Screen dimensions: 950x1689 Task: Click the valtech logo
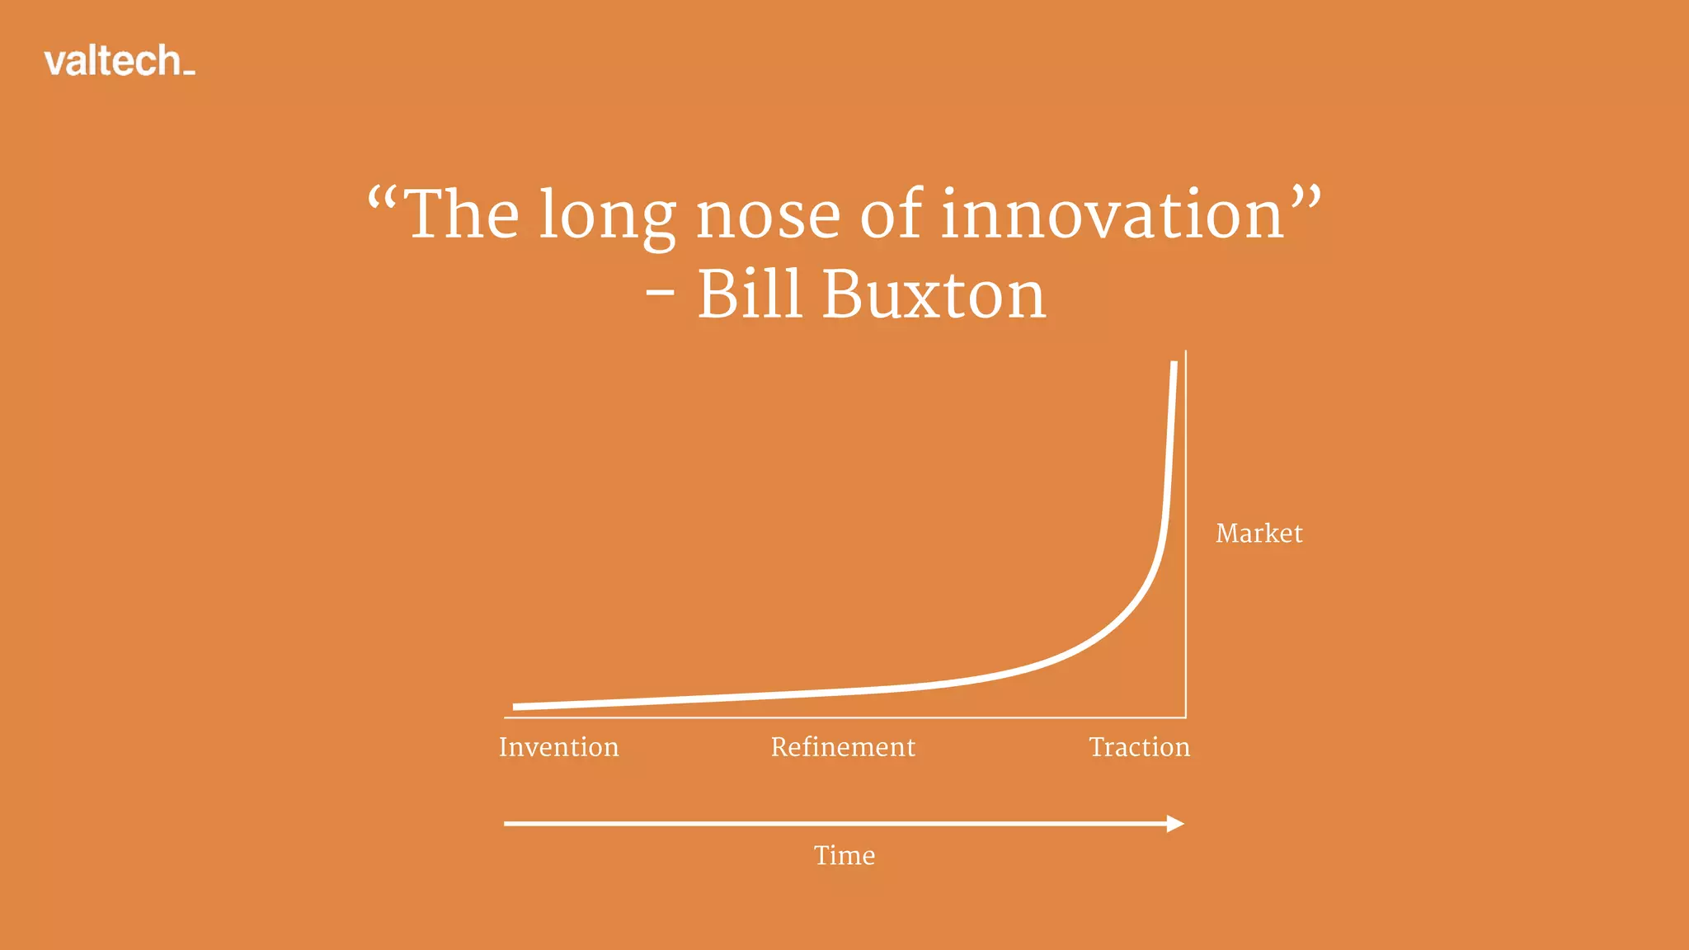(119, 62)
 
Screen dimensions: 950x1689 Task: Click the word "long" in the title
(607, 216)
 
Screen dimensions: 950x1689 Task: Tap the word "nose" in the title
(768, 216)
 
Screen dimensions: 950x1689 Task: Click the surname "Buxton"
(934, 294)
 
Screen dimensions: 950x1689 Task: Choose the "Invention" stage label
(558, 747)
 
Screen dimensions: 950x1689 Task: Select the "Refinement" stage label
(843, 747)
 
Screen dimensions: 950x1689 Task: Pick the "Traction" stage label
(1139, 747)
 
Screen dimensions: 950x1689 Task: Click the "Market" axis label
(1259, 534)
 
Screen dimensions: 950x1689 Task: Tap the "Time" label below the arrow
(844, 855)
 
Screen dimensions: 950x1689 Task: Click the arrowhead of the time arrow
(1176, 823)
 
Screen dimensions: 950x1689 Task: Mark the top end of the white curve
(1174, 364)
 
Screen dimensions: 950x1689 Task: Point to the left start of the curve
(515, 707)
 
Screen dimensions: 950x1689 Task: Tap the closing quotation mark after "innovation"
(1306, 198)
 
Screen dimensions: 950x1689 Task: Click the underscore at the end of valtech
(189, 73)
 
